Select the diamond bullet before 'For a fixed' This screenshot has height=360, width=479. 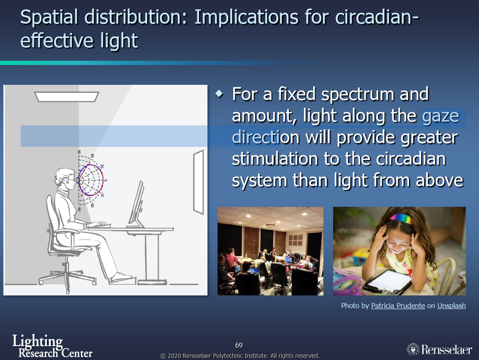(x=219, y=94)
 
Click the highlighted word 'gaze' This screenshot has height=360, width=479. (x=441, y=116)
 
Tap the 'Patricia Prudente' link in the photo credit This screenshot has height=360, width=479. (x=398, y=306)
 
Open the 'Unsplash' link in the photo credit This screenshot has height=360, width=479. (x=452, y=306)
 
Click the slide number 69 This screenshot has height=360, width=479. (x=239, y=345)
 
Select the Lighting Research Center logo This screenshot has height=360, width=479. (x=52, y=346)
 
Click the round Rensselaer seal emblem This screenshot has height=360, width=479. (x=413, y=349)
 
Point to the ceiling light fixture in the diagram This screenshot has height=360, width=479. (x=67, y=97)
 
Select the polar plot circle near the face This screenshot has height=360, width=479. (x=91, y=180)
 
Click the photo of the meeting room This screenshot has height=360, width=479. (x=270, y=251)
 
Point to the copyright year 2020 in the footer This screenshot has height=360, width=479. (x=174, y=356)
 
